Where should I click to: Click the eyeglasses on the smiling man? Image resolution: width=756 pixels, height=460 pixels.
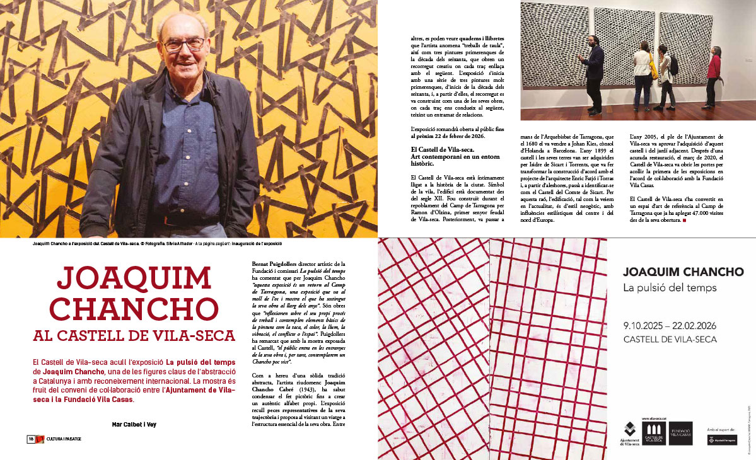[x=183, y=45]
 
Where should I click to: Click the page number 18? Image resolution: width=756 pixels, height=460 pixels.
[x=30, y=439]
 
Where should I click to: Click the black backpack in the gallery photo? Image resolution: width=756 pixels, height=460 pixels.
[x=673, y=66]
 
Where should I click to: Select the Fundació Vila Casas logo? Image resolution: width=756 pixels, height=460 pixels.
[x=680, y=433]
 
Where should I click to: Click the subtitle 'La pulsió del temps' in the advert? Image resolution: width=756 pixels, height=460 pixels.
[x=662, y=289]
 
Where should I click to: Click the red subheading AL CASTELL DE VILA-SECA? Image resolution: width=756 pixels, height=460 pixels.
[x=134, y=336]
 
